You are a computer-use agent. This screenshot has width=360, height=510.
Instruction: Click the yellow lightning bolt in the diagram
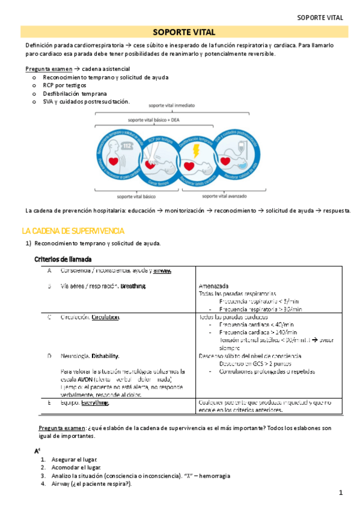coord(197,150)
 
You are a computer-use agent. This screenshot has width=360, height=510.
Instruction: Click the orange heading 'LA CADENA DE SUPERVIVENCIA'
coord(73,231)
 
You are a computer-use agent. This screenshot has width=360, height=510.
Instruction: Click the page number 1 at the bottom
coord(340,494)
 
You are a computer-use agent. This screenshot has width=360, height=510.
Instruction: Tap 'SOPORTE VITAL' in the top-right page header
coord(320,18)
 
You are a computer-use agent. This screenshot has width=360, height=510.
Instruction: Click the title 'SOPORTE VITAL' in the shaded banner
coord(180,32)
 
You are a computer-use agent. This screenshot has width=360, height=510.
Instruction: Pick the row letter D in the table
coord(49,356)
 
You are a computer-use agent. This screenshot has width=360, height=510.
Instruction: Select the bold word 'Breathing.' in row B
coord(133,286)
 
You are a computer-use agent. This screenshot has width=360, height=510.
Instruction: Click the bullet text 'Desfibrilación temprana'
coord(75,94)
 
